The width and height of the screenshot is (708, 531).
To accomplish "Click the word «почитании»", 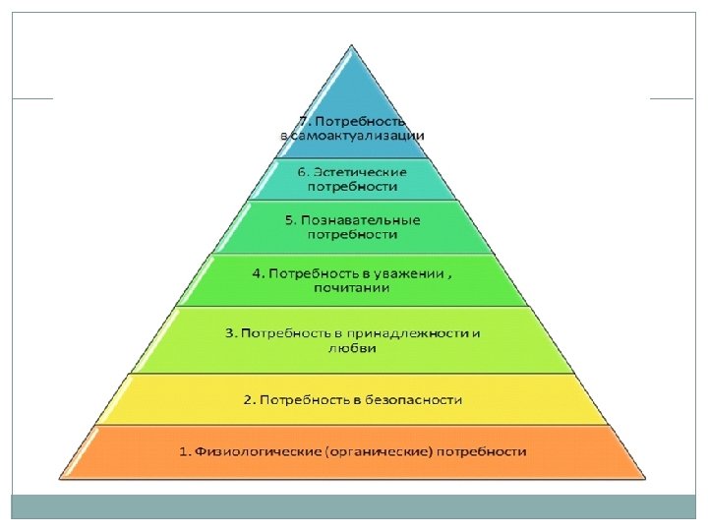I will (x=353, y=287).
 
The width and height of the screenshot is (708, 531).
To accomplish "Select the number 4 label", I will (x=256, y=273).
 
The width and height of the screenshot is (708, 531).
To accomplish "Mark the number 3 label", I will (x=230, y=332).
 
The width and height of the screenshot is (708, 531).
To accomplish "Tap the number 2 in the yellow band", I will (x=248, y=399).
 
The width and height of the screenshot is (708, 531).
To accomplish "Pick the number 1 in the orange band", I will (x=183, y=451).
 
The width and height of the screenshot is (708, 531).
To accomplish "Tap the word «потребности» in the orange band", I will (x=483, y=451).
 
